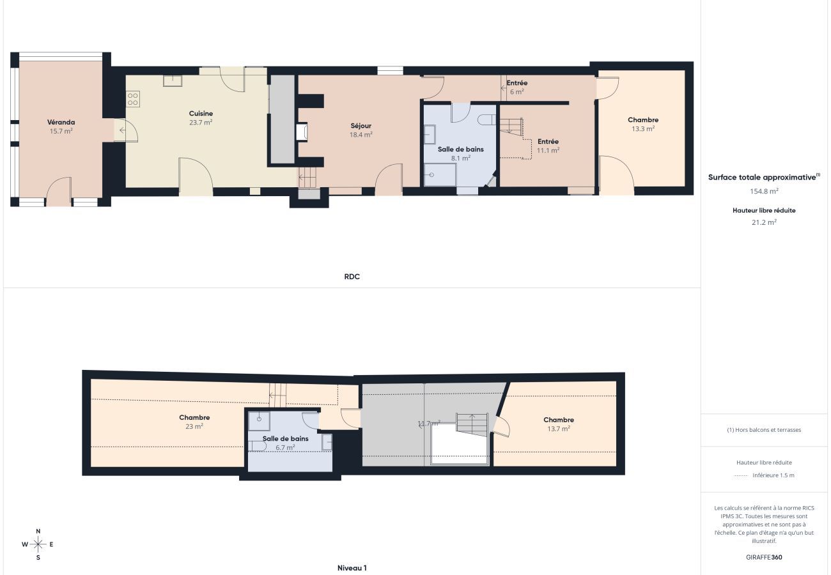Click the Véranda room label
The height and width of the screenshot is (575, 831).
pos(61,122)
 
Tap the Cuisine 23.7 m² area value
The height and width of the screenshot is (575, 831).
pos(201,122)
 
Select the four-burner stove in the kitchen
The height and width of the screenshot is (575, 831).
pos(133,99)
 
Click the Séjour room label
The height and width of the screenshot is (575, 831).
pos(361,126)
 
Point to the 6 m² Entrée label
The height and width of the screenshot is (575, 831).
pos(516,83)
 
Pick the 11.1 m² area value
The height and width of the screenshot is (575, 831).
pos(548,150)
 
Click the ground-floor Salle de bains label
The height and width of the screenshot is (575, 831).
pos(460,149)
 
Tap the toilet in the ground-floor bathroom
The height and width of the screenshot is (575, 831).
pos(486,119)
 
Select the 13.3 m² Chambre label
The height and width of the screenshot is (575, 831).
pos(643,119)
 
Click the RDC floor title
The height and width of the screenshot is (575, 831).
pos(352,277)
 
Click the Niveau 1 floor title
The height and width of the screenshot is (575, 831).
pos(352,567)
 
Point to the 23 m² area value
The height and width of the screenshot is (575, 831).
pos(194,426)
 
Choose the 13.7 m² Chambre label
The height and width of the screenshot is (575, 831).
pos(558,420)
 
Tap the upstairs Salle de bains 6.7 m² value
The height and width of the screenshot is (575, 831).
pos(285,447)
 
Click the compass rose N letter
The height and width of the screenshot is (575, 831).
pos(38,532)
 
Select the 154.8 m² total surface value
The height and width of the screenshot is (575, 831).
pos(764,191)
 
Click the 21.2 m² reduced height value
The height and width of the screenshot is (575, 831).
pos(764,222)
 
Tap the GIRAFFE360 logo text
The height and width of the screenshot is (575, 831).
pos(764,557)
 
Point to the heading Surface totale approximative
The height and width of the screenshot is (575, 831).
pos(762,177)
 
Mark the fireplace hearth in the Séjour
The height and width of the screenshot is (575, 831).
pos(302,132)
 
